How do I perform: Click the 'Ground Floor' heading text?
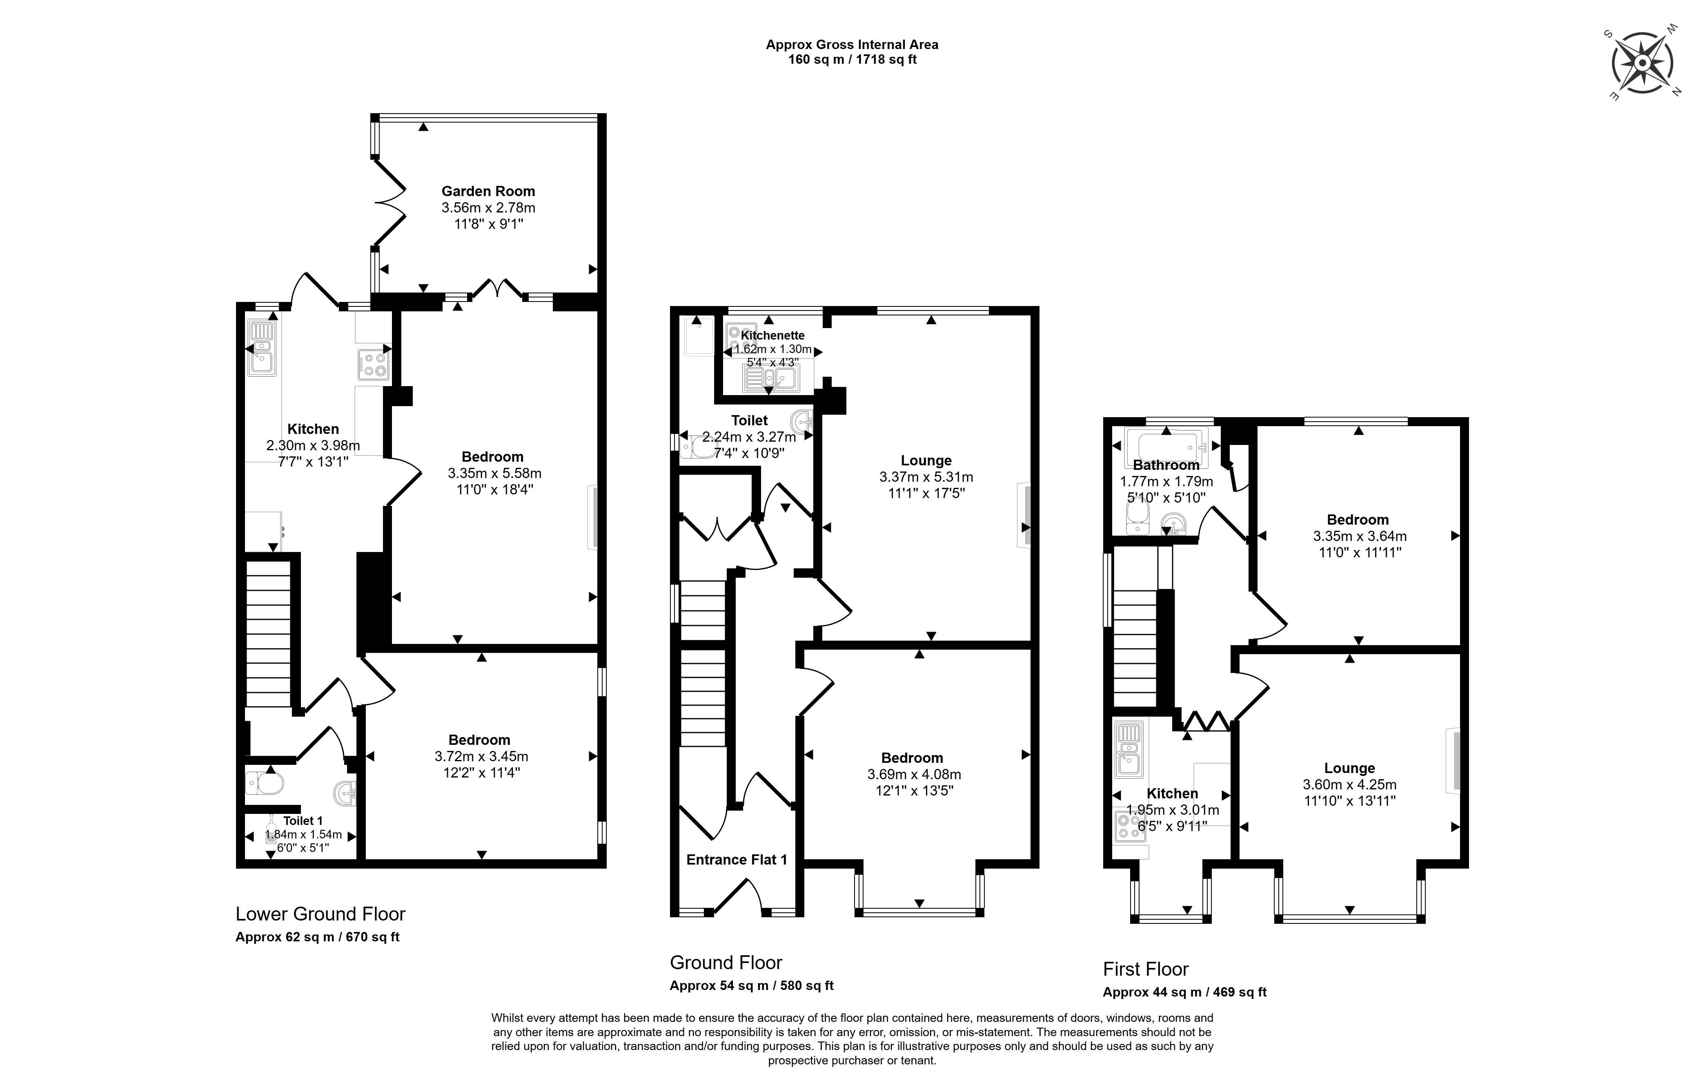pos(726,962)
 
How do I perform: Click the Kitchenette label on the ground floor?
pos(772,335)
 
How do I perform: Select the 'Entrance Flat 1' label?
pos(737,860)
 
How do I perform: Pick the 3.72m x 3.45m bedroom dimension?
pos(481,757)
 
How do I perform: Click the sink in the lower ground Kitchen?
pos(262,347)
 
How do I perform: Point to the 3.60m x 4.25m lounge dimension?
pos(1349,785)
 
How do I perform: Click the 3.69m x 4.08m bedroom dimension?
pos(914,775)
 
